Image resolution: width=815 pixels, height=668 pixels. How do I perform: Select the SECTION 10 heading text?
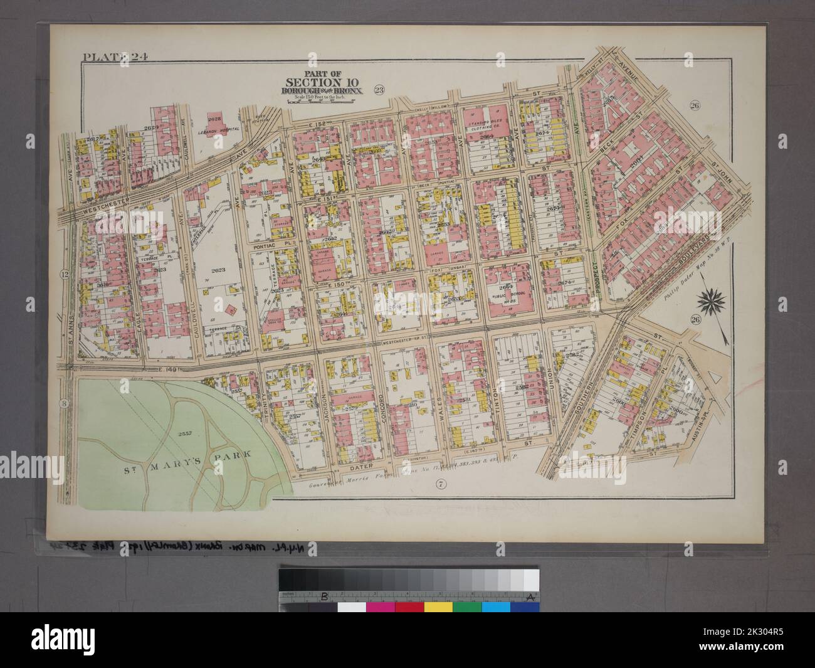click(x=314, y=82)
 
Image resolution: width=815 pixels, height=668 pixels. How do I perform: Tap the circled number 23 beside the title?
click(x=379, y=88)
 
